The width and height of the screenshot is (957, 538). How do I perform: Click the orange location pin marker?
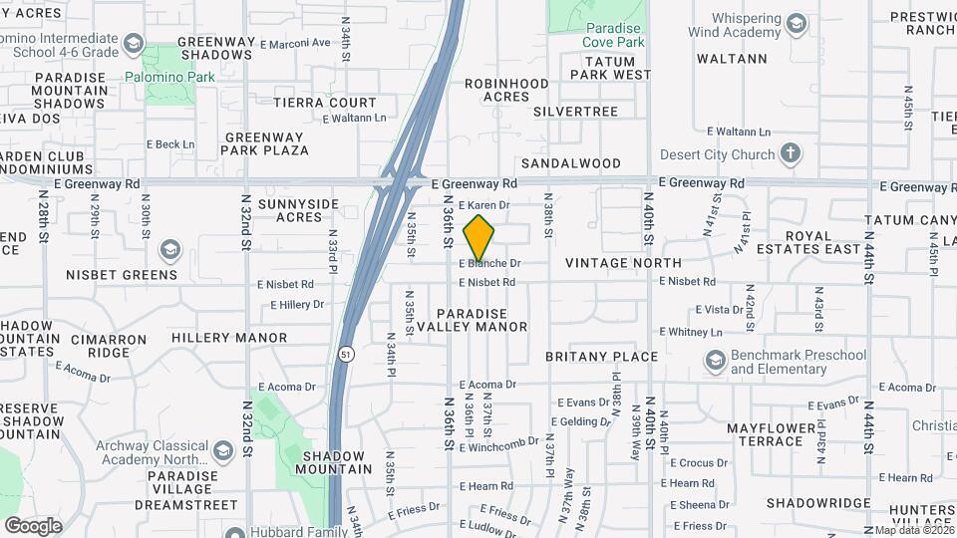478,237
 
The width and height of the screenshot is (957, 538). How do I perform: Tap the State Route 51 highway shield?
344,354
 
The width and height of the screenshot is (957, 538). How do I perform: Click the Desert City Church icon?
791,153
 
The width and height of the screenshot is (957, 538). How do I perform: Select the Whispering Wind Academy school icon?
796,23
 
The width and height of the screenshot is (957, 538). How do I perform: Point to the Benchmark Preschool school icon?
714,361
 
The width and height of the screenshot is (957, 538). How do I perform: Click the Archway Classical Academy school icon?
222,450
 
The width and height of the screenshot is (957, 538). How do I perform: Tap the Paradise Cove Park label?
615,35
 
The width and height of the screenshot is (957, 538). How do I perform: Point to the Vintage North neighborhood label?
623,263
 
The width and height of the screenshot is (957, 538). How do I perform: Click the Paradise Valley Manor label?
472,320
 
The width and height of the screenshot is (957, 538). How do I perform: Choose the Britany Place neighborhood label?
601,357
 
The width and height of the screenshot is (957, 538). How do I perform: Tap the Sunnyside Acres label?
298,210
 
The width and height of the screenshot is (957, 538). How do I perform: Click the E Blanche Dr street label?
490,264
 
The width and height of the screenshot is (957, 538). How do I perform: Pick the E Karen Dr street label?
484,205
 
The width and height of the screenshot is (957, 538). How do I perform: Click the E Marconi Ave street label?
294,43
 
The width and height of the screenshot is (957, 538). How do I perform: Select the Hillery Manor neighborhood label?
229,338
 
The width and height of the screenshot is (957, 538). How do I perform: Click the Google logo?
33,525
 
